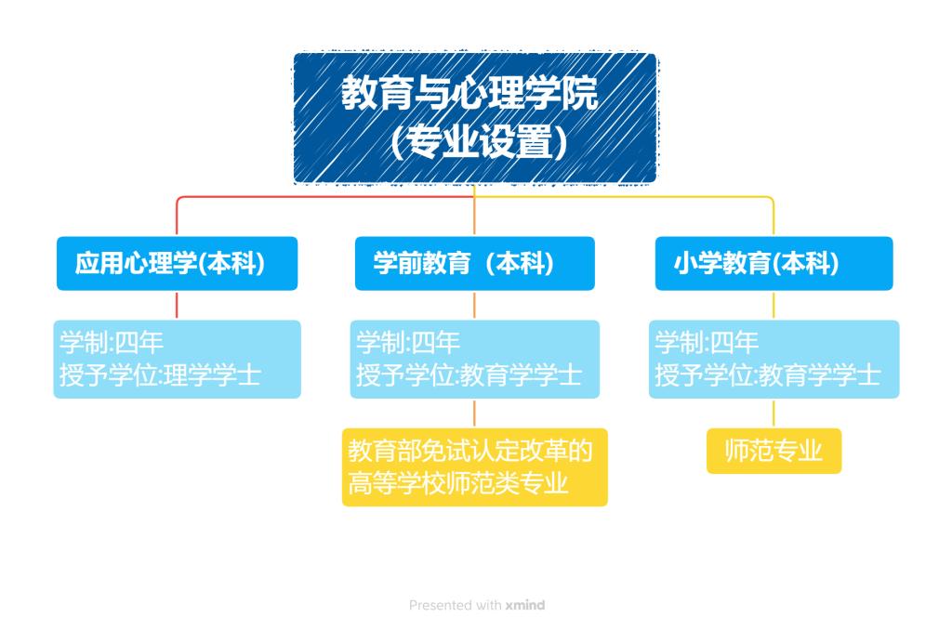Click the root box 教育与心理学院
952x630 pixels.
tap(475, 118)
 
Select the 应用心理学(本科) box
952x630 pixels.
tap(177, 263)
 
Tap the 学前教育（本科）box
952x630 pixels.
tap(475, 263)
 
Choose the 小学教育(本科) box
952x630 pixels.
tap(774, 263)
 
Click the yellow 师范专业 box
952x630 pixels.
tap(774, 451)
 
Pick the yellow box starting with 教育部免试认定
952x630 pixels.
tap(475, 467)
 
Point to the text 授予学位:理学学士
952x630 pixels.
tap(160, 375)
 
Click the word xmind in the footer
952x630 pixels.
tap(525, 605)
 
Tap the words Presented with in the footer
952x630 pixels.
tap(456, 605)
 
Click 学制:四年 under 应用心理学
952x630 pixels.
tap(112, 342)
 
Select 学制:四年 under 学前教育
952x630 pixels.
tap(408, 342)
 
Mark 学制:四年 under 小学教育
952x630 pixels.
tap(707, 342)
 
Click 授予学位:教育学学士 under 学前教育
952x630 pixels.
tap(469, 375)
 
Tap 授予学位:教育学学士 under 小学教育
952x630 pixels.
tap(767, 375)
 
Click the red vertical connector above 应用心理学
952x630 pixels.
tap(177, 217)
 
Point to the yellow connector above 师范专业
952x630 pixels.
tap(773, 413)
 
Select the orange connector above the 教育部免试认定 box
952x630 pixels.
tap(474, 413)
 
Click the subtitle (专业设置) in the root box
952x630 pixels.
tap(480, 142)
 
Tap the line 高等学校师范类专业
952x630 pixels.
tap(458, 484)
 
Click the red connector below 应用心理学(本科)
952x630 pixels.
tap(177, 306)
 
